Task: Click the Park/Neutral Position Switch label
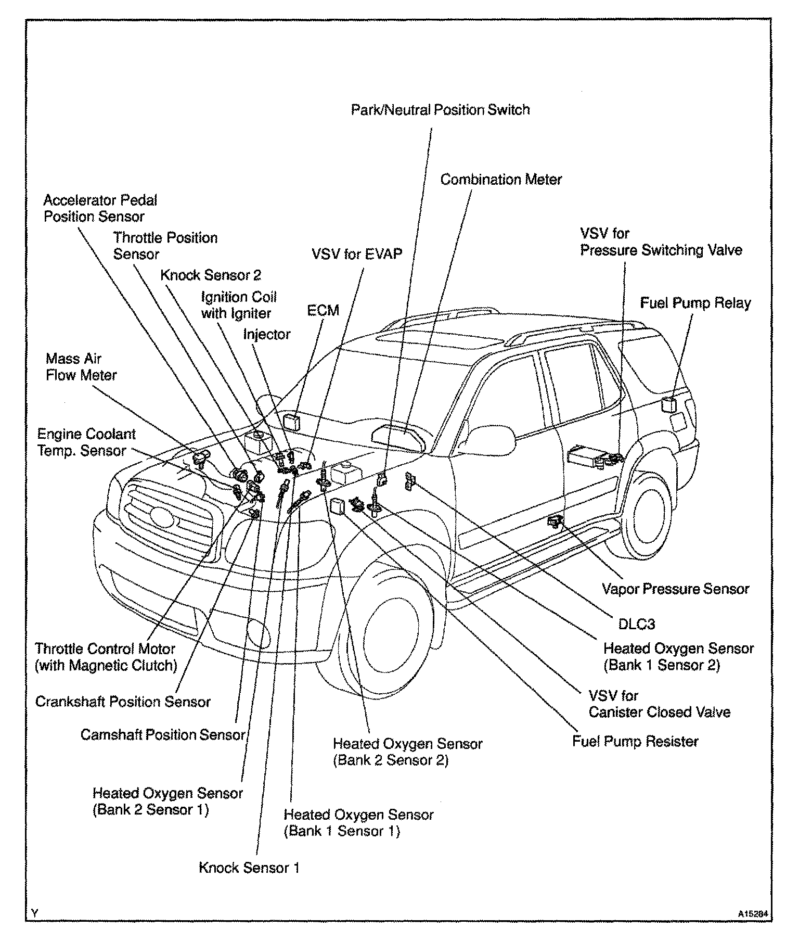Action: [x=440, y=110]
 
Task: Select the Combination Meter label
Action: [x=501, y=180]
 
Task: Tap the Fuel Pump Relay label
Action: [x=695, y=303]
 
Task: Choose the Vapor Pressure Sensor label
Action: [x=675, y=589]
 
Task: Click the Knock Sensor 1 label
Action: [x=249, y=868]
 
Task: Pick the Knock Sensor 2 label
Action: [x=210, y=275]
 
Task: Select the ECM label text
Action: [x=323, y=311]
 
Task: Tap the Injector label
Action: [x=266, y=334]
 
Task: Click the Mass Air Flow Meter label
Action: [x=81, y=367]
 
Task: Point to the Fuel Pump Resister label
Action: [x=635, y=741]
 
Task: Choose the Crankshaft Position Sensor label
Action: [x=123, y=702]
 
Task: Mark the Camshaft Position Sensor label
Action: [x=162, y=735]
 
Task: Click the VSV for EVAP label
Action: [x=357, y=254]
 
